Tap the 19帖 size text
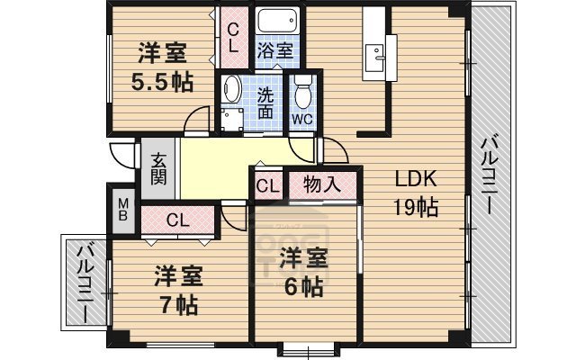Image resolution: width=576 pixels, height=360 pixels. (415, 209)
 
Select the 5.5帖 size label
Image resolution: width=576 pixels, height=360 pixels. (163, 81)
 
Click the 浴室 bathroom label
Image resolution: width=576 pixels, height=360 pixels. (274, 50)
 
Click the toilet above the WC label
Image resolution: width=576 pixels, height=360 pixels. (302, 90)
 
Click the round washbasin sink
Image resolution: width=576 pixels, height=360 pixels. (230, 89)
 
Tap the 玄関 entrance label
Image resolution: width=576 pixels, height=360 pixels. (158, 167)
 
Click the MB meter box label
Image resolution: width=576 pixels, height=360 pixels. (122, 209)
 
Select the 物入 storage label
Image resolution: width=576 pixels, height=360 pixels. (321, 185)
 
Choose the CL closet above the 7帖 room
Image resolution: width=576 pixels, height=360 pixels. (177, 219)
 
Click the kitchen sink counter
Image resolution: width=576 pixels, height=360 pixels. (373, 57)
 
